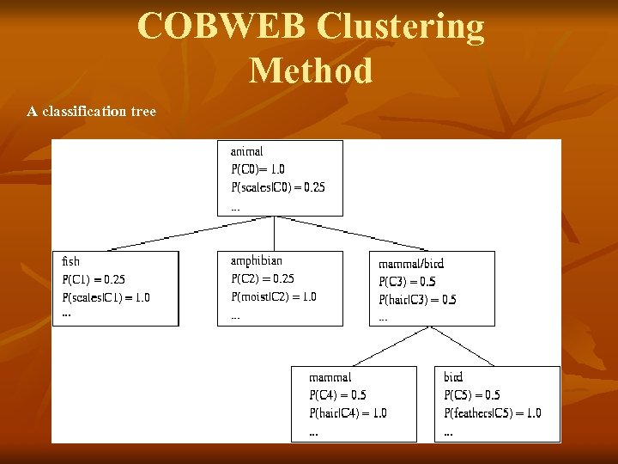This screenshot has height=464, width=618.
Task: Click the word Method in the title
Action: pyautogui.click(x=311, y=70)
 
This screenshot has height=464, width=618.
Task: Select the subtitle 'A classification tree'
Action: pyautogui.click(x=91, y=112)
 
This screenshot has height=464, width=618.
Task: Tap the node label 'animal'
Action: pyautogui.click(x=246, y=151)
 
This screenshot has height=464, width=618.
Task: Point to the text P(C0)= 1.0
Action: pyautogui.click(x=257, y=169)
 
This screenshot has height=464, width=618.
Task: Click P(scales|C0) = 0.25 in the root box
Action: pyautogui.click(x=277, y=187)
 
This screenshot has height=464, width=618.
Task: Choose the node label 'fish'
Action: pyautogui.click(x=70, y=261)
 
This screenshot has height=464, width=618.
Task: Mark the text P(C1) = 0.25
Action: pyautogui.click(x=93, y=279)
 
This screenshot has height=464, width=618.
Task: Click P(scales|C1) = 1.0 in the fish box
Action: pyautogui.click(x=106, y=297)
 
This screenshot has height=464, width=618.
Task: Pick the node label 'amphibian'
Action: pyautogui.click(x=256, y=260)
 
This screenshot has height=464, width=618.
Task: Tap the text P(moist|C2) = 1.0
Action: pyautogui.click(x=273, y=296)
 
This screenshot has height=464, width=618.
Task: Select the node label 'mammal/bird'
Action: pyautogui.click(x=411, y=264)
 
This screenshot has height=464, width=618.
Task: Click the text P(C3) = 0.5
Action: pyautogui.click(x=407, y=282)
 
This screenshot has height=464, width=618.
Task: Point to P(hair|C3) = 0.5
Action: pyautogui.click(x=417, y=300)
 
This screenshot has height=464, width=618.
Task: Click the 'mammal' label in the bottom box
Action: pyautogui.click(x=330, y=377)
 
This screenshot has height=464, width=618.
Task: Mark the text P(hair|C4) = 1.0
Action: pyautogui.click(x=348, y=413)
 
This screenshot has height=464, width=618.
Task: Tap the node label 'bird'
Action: pyautogui.click(x=453, y=377)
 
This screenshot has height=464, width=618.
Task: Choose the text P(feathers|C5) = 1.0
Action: pyautogui.click(x=492, y=413)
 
